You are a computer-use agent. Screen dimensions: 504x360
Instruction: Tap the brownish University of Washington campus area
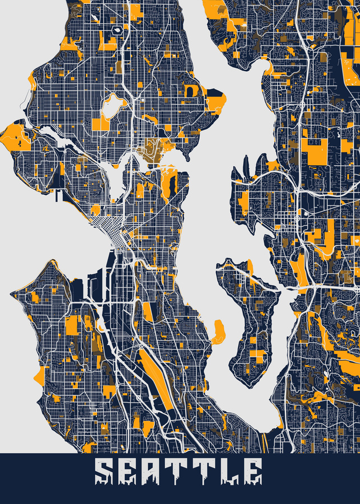[155, 150]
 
